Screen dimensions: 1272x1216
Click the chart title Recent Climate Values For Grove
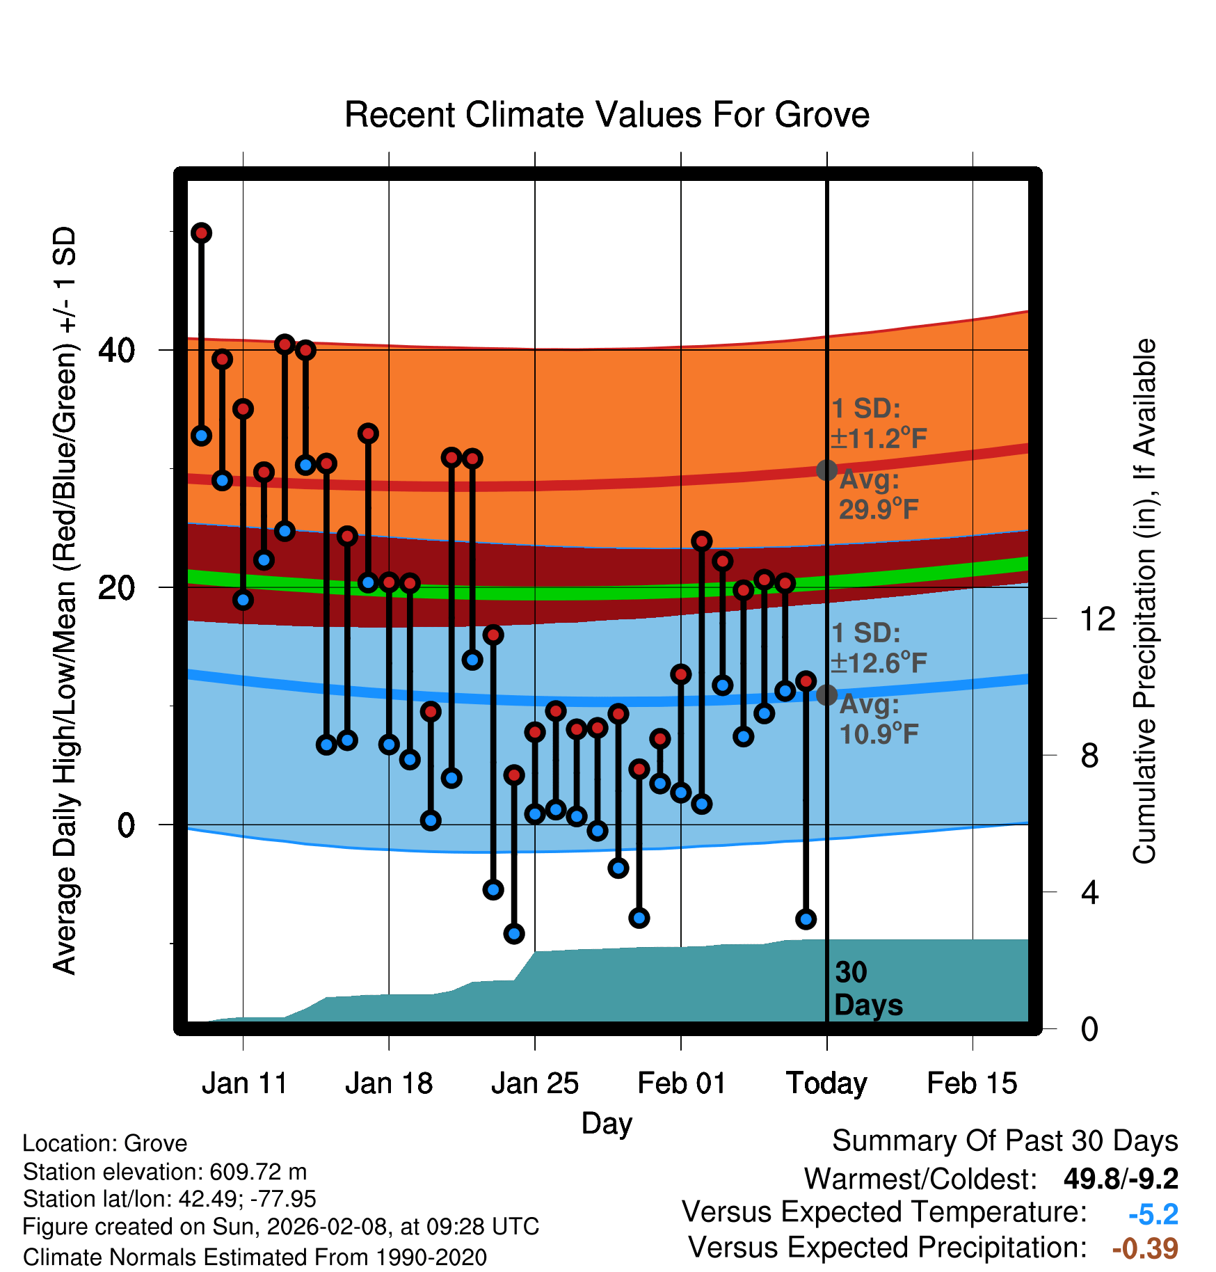tap(607, 115)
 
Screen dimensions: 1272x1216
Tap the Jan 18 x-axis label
tap(389, 1083)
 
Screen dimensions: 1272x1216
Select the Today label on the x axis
tap(826, 1083)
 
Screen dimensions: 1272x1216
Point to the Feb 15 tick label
tap(972, 1083)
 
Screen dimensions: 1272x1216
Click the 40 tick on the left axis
tap(116, 350)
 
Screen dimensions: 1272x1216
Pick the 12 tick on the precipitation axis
tap(1097, 619)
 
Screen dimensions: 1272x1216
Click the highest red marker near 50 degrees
tap(201, 233)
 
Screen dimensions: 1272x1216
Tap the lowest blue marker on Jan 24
tap(514, 934)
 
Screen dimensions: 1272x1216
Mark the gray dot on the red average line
tap(826, 470)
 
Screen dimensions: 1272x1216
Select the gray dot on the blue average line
tap(826, 694)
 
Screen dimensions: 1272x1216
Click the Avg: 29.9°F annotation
tap(878, 495)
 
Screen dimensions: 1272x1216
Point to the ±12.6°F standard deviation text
tap(879, 663)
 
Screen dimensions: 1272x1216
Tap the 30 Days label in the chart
tap(867, 989)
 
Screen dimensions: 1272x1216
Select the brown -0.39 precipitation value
tap(1145, 1248)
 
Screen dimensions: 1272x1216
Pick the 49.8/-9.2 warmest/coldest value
tap(1121, 1179)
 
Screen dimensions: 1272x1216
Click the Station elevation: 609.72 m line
tap(165, 1172)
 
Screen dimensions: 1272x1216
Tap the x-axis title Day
tap(607, 1123)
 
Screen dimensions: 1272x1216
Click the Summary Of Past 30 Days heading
tap(1005, 1141)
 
